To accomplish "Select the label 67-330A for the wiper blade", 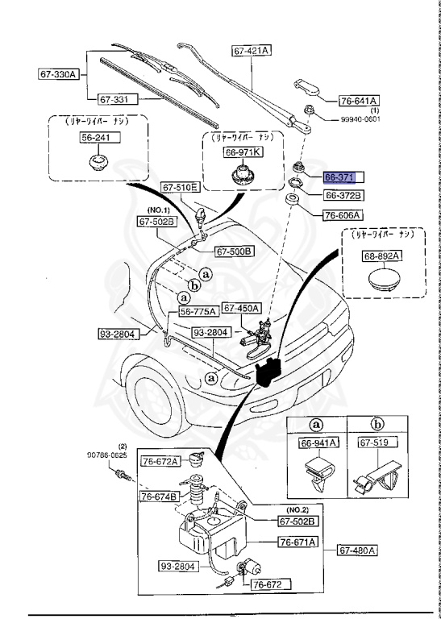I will tap(58, 75).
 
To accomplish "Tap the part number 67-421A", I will tap(252, 50).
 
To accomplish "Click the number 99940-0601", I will tap(358, 119).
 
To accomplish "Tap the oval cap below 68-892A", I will tap(381, 281).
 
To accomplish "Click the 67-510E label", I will tap(179, 187).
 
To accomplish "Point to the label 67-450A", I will tap(241, 307).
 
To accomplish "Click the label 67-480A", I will tap(357, 550).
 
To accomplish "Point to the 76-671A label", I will tap(297, 542).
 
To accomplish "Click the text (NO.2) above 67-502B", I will tap(299, 509).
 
